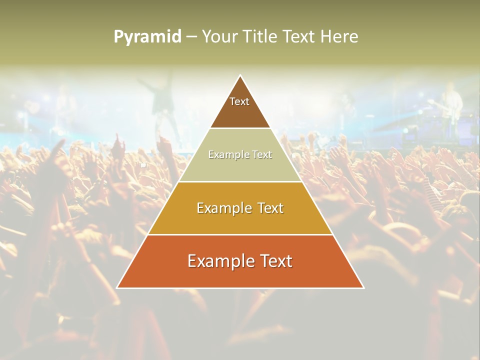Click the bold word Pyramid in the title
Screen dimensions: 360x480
coord(147,37)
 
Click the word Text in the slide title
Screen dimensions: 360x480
coord(299,36)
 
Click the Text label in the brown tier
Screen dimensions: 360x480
coord(239,101)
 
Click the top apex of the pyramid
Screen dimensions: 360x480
coord(240,76)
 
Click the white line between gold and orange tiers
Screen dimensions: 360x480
coord(240,234)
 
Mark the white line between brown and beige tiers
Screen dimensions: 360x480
coord(240,128)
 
